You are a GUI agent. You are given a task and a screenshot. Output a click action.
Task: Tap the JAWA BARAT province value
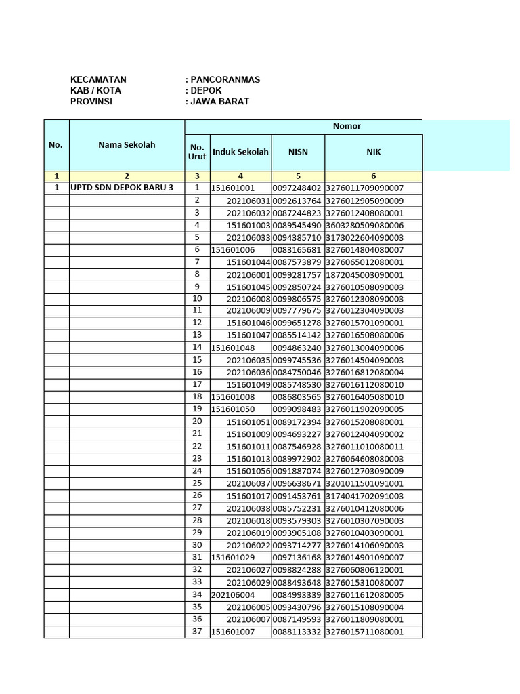(219, 101)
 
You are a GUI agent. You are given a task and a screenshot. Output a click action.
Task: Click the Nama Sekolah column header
(127, 145)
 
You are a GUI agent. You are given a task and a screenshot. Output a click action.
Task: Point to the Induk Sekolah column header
(240, 152)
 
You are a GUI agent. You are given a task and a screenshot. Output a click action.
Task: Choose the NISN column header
(298, 152)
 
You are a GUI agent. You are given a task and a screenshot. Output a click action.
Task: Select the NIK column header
(373, 152)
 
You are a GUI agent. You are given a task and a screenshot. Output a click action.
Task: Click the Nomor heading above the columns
(347, 126)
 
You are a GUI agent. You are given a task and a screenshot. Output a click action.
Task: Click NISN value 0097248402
(297, 188)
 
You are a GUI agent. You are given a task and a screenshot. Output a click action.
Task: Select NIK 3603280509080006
(364, 225)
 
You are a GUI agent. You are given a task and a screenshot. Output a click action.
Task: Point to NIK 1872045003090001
(364, 274)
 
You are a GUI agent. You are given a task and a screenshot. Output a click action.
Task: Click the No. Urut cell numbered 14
(197, 347)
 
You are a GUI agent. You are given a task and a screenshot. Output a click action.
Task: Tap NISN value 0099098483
(297, 409)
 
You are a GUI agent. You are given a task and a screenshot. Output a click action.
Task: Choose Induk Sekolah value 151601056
(248, 471)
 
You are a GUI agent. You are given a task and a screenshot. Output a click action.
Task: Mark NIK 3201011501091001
(364, 483)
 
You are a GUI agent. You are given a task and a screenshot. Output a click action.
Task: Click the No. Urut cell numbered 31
(197, 557)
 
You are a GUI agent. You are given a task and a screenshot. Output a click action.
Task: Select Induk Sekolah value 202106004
(233, 594)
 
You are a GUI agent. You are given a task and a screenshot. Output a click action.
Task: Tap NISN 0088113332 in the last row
(297, 632)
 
